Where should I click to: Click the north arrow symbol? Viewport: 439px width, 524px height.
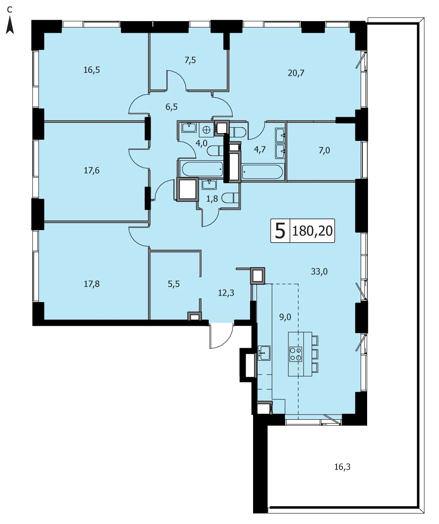click(x=10, y=25)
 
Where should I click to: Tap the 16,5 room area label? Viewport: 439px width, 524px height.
click(x=92, y=70)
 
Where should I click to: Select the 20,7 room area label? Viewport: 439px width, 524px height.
click(x=296, y=73)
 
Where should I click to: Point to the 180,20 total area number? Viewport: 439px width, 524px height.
click(x=312, y=231)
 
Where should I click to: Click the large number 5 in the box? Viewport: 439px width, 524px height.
click(x=280, y=231)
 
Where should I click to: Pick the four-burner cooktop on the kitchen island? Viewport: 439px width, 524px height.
click(x=296, y=354)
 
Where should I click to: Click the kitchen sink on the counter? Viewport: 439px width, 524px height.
click(x=264, y=353)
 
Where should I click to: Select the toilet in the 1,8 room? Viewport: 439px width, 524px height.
click(x=230, y=197)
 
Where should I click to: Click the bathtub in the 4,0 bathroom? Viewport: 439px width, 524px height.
click(x=202, y=169)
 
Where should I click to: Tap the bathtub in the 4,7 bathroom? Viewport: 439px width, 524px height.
click(x=262, y=172)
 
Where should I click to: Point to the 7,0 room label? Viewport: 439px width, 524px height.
click(x=324, y=150)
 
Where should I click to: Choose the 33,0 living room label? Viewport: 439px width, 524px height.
click(x=319, y=271)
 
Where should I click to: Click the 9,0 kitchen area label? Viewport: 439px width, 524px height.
click(x=285, y=317)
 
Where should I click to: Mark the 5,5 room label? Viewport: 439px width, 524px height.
click(x=174, y=284)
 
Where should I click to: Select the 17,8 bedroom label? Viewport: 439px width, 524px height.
click(x=92, y=284)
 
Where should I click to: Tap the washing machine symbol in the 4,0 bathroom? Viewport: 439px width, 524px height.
click(x=206, y=130)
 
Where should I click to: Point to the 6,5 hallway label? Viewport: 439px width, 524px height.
click(x=171, y=107)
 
